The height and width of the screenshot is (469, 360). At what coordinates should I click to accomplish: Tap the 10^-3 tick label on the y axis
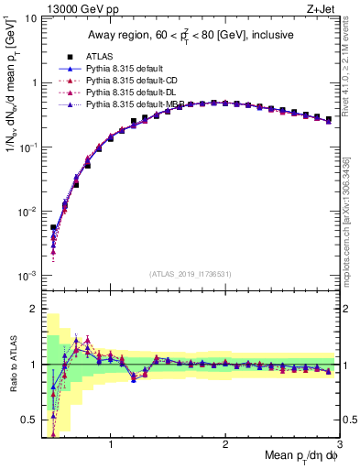click(27, 276)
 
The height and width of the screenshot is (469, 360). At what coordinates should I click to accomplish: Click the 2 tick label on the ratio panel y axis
click(33, 309)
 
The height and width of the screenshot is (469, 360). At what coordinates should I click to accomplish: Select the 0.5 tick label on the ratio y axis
click(29, 420)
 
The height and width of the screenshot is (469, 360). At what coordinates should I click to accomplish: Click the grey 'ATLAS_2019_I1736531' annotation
click(191, 274)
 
